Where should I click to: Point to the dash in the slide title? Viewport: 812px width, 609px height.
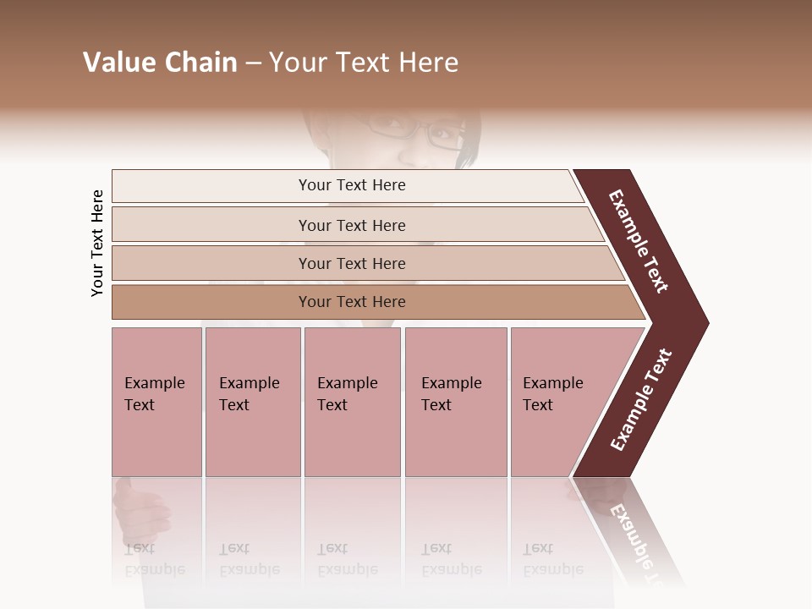coord(253,63)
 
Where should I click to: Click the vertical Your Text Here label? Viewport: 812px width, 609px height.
coord(97,243)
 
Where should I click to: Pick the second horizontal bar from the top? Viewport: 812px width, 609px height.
coord(351,225)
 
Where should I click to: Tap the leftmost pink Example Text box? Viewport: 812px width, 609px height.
coord(156,402)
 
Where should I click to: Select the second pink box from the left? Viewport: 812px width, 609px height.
coord(253,402)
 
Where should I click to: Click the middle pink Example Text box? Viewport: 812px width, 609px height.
coord(352,402)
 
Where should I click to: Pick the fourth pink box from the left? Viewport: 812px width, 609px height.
coord(456,402)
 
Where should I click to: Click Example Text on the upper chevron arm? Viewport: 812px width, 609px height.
coord(639,241)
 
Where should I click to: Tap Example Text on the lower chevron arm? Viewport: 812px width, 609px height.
coord(641,400)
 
